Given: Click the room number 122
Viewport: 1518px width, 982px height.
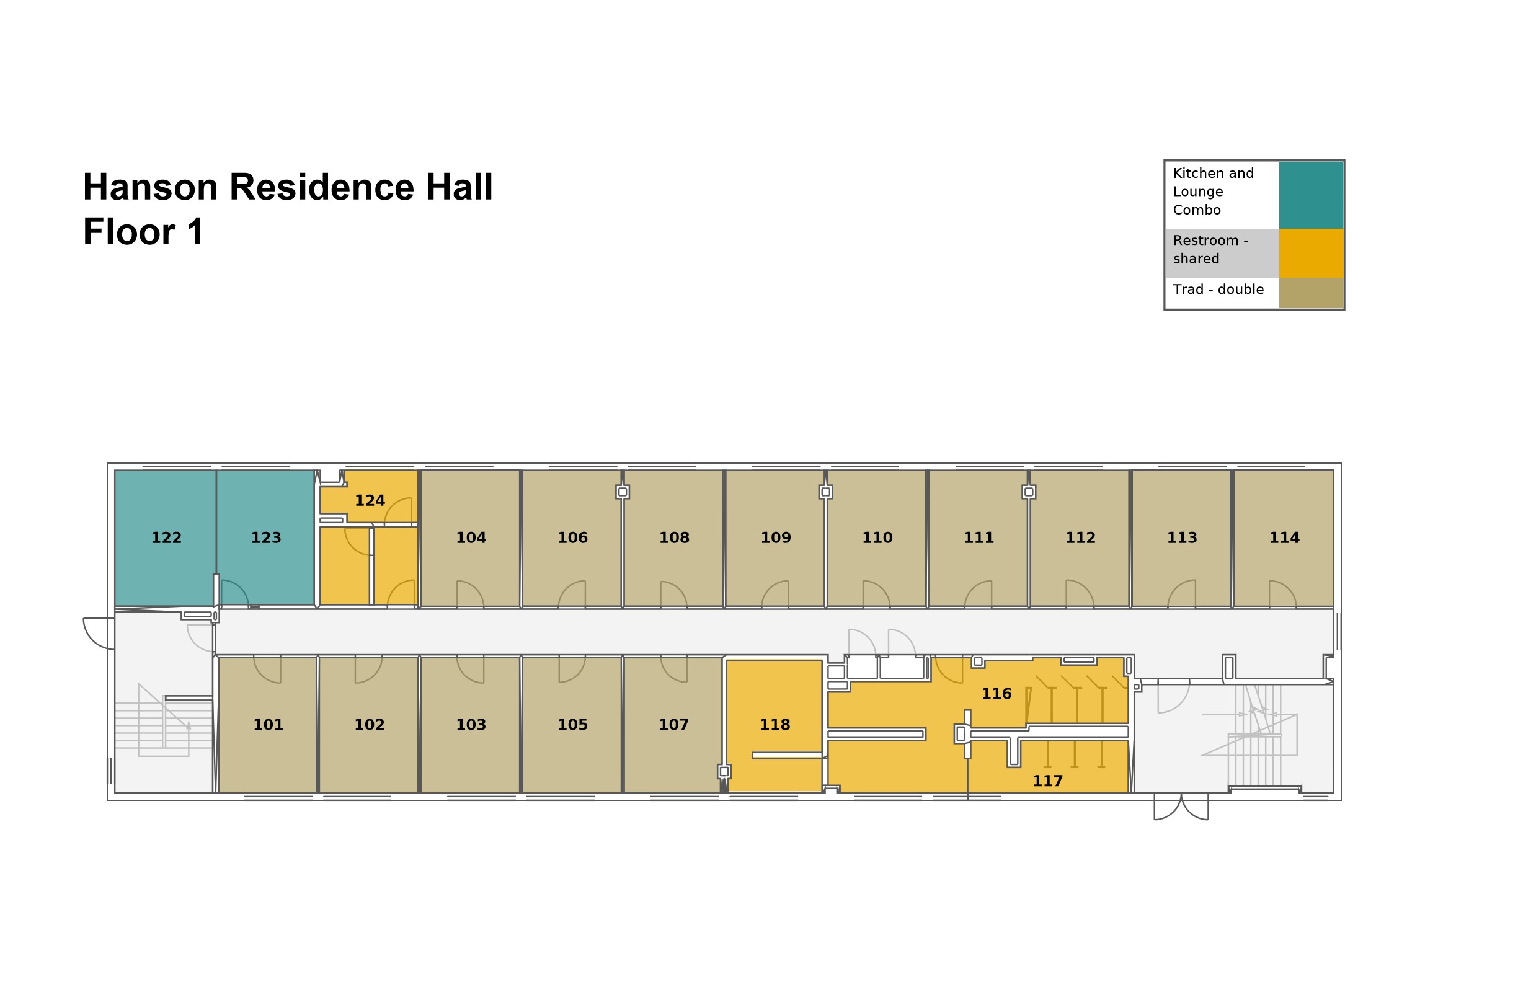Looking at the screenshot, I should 166,537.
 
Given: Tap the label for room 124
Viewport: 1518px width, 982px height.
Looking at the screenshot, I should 370,500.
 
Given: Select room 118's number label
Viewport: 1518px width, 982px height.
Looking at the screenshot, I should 775,724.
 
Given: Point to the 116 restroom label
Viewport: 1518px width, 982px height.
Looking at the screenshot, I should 996,694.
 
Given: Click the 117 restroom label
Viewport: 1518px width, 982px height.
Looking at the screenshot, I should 1047,781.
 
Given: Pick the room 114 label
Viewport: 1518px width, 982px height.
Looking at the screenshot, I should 1284,537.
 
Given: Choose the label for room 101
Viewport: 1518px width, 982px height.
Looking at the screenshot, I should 268,724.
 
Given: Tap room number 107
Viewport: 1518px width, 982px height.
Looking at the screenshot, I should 673,724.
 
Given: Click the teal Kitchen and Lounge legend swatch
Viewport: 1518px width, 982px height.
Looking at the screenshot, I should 1311,195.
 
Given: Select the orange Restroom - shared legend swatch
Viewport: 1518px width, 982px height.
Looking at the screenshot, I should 1311,253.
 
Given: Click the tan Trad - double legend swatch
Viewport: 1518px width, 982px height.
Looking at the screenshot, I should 1311,293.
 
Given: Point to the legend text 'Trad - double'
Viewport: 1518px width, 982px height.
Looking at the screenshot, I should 1218,290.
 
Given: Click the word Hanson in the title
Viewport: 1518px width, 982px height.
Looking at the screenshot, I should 151,187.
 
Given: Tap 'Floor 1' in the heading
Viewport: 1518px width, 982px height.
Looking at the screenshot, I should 143,231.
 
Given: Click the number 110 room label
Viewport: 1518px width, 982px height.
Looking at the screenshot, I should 877,537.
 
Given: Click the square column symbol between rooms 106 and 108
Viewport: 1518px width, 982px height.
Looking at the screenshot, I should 623,492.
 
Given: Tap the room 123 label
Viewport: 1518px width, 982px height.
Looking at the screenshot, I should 266,537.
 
